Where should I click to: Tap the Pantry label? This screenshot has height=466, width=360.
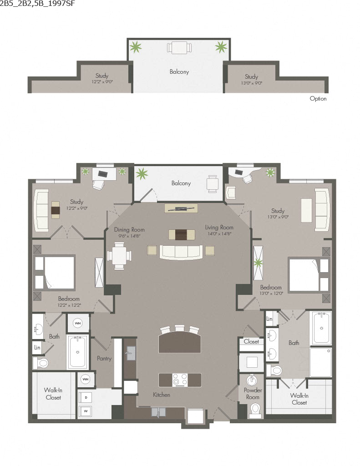pyautogui.click(x=104, y=359)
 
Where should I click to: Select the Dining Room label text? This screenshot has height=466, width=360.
pyautogui.click(x=129, y=229)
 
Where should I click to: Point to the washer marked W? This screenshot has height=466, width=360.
pyautogui.click(x=85, y=411)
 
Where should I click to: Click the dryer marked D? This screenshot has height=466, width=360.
pyautogui.click(x=85, y=397)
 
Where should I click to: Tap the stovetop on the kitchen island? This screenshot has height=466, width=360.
pyautogui.click(x=180, y=379)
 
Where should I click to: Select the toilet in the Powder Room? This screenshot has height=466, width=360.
pyautogui.click(x=254, y=411)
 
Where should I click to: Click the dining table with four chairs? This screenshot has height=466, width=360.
pyautogui.click(x=119, y=256)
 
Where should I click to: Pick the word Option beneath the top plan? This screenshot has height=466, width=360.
pyautogui.click(x=318, y=99)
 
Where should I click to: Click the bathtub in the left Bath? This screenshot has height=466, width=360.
pyautogui.click(x=77, y=352)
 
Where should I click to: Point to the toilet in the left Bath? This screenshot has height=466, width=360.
pyautogui.click(x=41, y=363)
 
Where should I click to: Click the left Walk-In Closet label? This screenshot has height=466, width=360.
pyautogui.click(x=53, y=394)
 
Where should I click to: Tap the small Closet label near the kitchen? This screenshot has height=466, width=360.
pyautogui.click(x=251, y=341)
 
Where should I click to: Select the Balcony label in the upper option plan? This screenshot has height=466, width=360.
pyautogui.click(x=179, y=71)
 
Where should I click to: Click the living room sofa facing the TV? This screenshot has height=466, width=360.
pyautogui.click(x=181, y=252)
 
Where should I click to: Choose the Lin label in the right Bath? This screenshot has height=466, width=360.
pyautogui.click(x=269, y=319)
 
